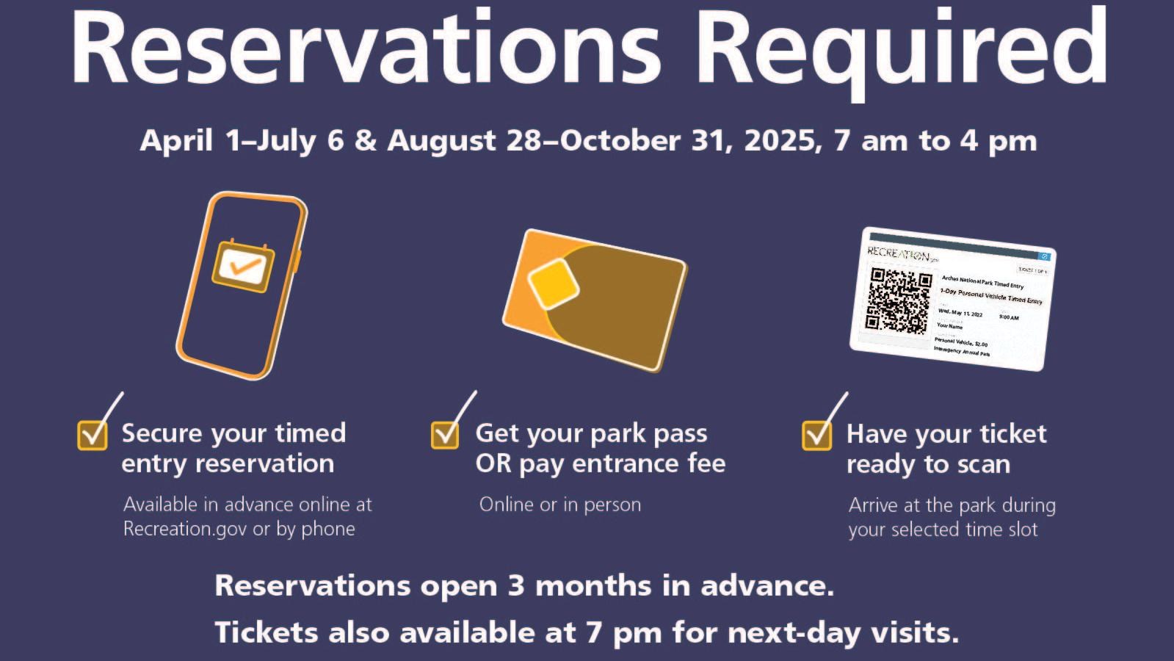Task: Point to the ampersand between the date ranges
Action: pyautogui.click(x=366, y=140)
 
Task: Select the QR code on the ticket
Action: pyautogui.click(x=898, y=300)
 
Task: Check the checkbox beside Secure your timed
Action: pyautogui.click(x=93, y=434)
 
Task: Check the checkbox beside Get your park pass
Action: pyautogui.click(x=445, y=434)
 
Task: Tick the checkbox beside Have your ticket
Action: pyautogui.click(x=816, y=435)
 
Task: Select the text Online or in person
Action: pyautogui.click(x=559, y=505)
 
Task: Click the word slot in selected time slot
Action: pyautogui.click(x=1021, y=530)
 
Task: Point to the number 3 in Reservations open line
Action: pyautogui.click(x=515, y=586)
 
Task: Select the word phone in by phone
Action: pyautogui.click(x=327, y=530)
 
